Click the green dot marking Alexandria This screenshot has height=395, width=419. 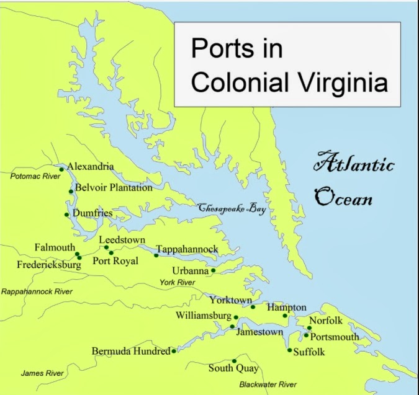[x=61, y=169]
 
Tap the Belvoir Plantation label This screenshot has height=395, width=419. [x=114, y=188]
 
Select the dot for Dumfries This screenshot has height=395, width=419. [x=66, y=215]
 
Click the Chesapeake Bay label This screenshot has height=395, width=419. [x=232, y=210]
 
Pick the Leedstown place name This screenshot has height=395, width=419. [x=122, y=239]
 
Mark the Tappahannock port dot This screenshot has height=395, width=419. [x=156, y=255]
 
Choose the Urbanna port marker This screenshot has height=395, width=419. [x=213, y=270]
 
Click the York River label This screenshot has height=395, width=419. [x=178, y=282]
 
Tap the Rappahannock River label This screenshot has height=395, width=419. [x=37, y=291]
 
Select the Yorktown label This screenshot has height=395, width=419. [x=230, y=300]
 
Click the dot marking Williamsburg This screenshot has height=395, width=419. [x=236, y=317]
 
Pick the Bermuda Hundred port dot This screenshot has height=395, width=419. [x=173, y=351]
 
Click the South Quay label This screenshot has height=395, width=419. [x=233, y=368]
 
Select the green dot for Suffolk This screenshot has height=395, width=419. [x=289, y=350]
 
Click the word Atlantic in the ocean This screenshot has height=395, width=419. [x=354, y=165]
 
